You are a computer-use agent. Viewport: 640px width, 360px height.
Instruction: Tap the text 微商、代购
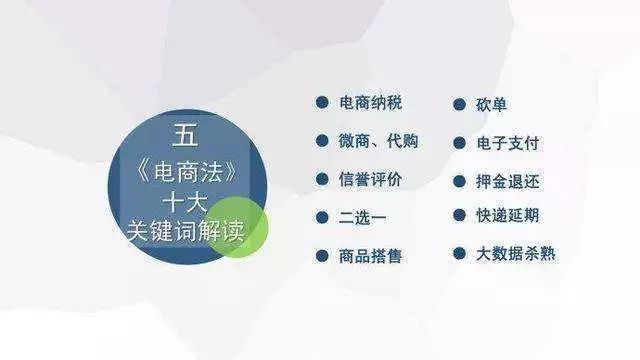click(x=379, y=141)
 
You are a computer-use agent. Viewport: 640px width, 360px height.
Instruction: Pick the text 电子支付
click(x=508, y=142)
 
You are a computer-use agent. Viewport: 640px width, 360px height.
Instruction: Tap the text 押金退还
click(x=508, y=181)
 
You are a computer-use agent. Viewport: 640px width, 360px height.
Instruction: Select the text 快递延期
click(x=508, y=216)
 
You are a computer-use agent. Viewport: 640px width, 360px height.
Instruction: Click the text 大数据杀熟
click(x=516, y=254)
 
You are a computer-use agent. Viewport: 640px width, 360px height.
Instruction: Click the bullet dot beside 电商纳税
click(x=321, y=103)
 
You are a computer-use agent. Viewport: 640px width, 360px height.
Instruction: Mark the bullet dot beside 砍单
click(x=459, y=104)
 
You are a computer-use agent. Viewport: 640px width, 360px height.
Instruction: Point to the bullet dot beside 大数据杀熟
click(x=459, y=254)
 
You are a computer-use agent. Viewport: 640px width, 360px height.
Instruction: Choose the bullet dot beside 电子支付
click(x=459, y=142)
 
